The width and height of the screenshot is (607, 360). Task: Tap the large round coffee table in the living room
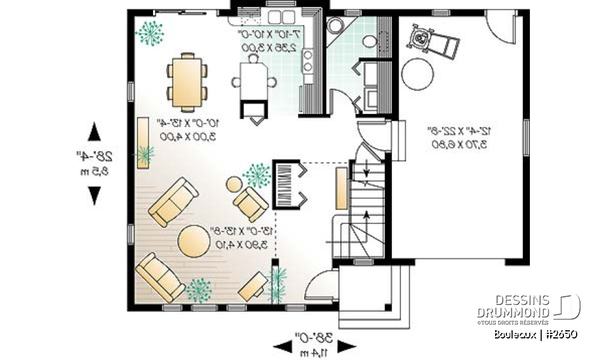192,241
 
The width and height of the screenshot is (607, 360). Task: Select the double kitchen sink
279,17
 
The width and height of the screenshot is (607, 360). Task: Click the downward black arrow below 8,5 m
94,196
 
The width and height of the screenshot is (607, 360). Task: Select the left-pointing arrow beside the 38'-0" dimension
281,345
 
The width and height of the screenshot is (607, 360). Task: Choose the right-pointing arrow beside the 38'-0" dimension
346,345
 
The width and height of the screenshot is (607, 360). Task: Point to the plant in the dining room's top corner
150,33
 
